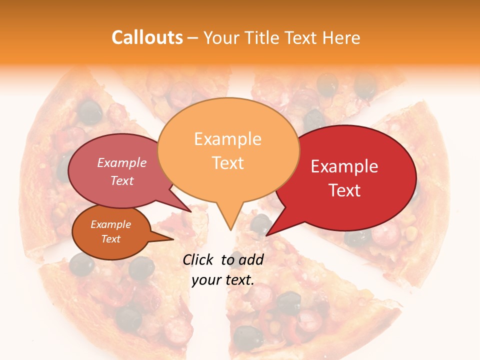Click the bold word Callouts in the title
tap(147, 37)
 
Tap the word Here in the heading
tap(341, 37)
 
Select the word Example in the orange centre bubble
tap(227, 139)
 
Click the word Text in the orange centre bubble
tap(227, 162)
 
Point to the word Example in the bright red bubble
tap(344, 166)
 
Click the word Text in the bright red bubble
tap(344, 190)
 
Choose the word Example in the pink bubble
tap(121, 162)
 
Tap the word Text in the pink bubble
tap(121, 180)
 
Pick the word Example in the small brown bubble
tap(110, 224)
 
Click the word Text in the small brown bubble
tap(110, 239)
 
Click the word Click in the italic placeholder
tap(199, 259)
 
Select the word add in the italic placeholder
tap(251, 259)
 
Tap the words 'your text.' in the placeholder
tap(223, 280)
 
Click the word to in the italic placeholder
tap(227, 259)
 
